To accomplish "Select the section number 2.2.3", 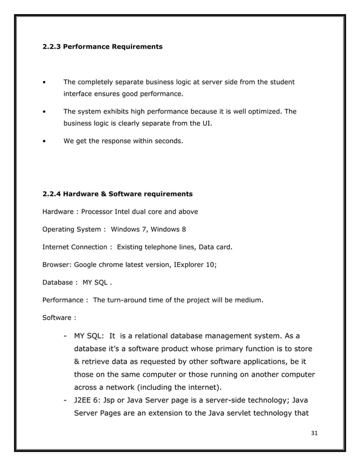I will (x=51, y=47).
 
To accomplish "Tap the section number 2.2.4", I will (x=51, y=194).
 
